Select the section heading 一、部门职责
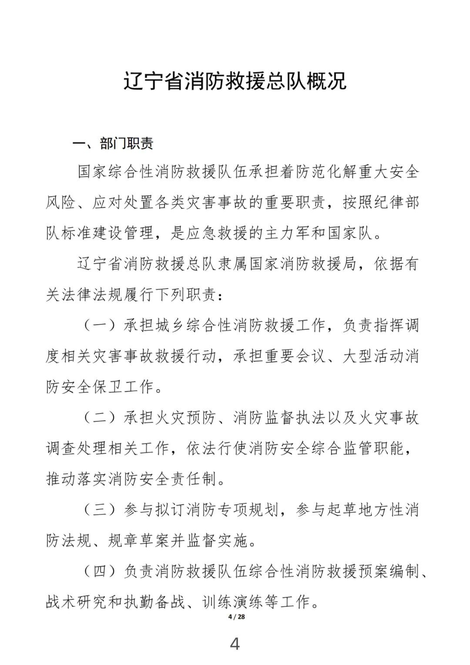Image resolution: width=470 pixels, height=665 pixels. click(113, 143)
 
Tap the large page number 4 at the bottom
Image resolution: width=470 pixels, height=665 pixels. click(235, 644)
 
